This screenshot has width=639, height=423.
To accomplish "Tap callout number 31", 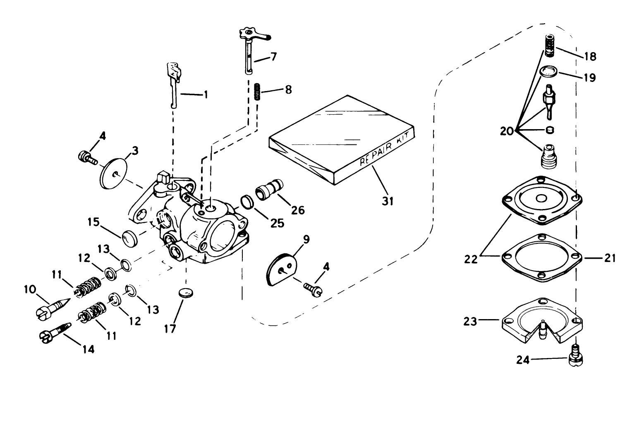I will (x=388, y=201).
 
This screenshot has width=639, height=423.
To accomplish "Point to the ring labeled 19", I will (x=549, y=71).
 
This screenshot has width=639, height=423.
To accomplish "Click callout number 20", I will (x=507, y=132).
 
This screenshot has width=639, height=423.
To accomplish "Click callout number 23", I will (x=470, y=321).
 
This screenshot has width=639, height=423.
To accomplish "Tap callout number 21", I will (x=609, y=258).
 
